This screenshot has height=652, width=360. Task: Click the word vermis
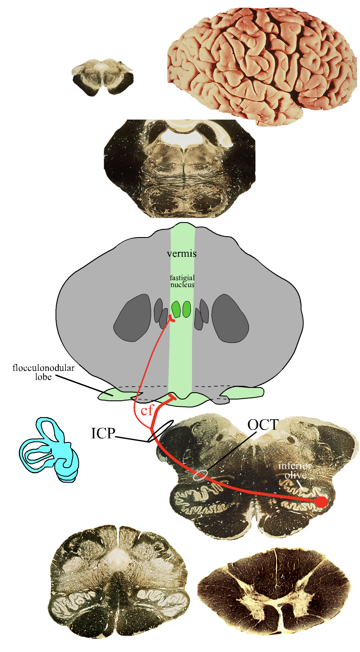click(182, 253)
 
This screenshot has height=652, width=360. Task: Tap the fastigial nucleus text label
click(182, 281)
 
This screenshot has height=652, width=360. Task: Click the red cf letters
click(147, 411)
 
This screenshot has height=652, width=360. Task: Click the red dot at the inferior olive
click(321, 502)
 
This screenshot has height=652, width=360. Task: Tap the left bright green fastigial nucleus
click(176, 309)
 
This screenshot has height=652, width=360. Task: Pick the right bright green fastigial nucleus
click(186, 309)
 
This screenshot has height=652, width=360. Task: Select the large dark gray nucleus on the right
click(231, 318)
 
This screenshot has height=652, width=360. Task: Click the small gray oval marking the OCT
click(201, 475)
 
